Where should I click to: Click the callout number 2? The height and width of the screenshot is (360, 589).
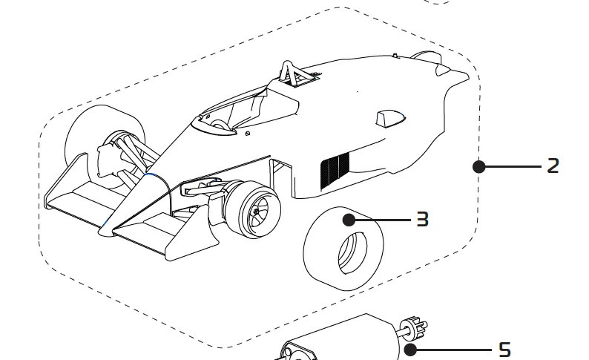point(553,166)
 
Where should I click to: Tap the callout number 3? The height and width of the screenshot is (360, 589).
point(422,219)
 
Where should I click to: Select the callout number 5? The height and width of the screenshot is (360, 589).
point(504,349)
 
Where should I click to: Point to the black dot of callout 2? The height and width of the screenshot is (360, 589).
point(479,166)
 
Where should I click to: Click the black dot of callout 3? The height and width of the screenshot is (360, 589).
point(348,219)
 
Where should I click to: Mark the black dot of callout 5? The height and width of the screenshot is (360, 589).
point(409,349)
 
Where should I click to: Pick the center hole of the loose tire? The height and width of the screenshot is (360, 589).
point(351,252)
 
